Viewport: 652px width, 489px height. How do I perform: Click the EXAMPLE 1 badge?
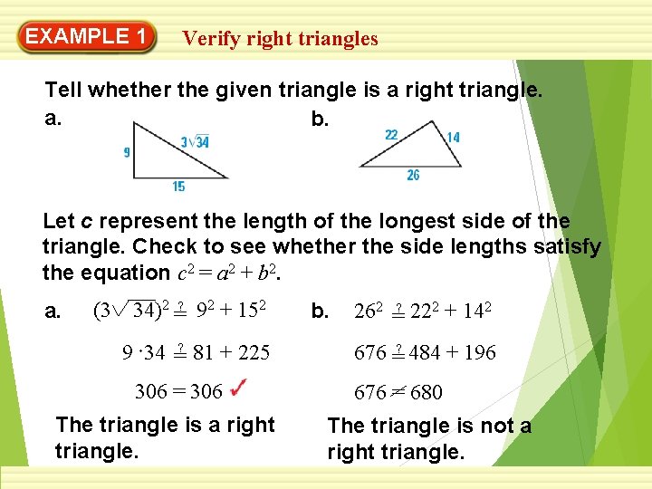click(x=87, y=37)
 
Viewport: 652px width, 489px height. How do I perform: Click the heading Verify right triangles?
click(x=280, y=38)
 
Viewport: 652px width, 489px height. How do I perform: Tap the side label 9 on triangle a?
click(x=126, y=153)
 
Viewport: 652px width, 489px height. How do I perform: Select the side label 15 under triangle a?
click(x=178, y=187)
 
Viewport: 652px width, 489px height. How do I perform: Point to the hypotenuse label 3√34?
click(x=195, y=141)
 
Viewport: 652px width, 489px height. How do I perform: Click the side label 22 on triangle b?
click(x=391, y=135)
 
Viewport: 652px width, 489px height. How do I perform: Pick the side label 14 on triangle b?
click(x=453, y=138)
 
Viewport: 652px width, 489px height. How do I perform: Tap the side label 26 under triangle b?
click(x=413, y=176)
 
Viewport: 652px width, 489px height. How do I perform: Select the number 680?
click(x=426, y=392)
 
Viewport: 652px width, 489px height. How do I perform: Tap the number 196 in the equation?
click(x=478, y=352)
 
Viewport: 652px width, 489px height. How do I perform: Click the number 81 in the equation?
click(x=205, y=352)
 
